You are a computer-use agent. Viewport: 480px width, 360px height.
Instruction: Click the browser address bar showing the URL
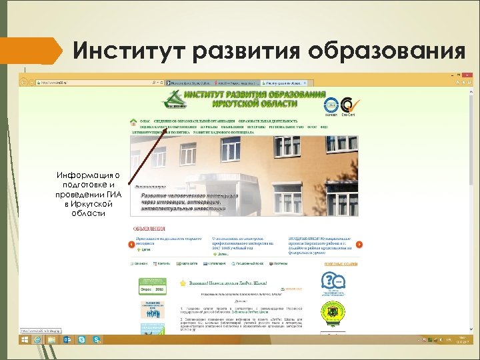(93, 83)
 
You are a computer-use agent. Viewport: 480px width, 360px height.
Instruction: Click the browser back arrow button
(24, 82)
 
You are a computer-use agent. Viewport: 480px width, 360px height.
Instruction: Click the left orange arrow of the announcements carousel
(131, 245)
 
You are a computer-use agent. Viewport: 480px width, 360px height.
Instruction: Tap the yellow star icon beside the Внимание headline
(183, 283)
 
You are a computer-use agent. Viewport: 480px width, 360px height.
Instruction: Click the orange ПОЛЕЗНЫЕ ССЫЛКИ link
(341, 265)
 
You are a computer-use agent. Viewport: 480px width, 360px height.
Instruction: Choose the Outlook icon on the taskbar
(68, 340)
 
